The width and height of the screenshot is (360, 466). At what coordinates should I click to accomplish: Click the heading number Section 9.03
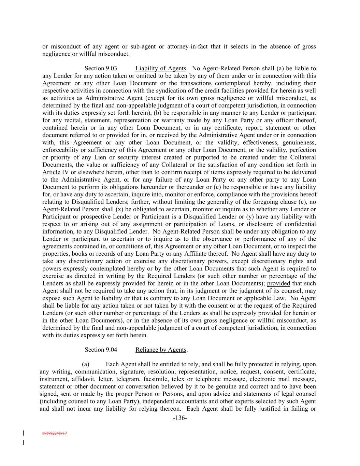tap(101, 68)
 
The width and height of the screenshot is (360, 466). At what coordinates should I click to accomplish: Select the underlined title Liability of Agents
tap(161, 68)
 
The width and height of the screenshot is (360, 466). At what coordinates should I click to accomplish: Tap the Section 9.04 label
tap(101, 350)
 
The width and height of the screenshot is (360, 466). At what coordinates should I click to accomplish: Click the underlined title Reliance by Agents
tap(161, 350)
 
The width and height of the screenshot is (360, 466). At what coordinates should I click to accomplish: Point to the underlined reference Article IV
tap(56, 172)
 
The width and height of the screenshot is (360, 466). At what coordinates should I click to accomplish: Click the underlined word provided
tap(278, 283)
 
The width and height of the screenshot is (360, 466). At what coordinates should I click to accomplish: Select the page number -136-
tap(180, 418)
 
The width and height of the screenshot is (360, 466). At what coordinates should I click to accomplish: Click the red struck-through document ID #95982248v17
tap(55, 433)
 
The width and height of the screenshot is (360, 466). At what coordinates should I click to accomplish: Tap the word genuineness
tap(297, 142)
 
